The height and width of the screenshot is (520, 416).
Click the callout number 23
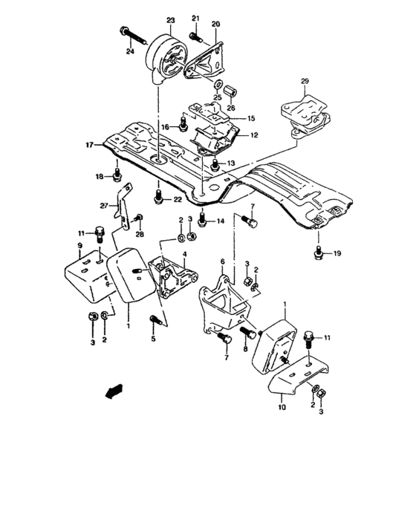click(170, 21)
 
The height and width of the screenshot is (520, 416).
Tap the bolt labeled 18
click(117, 175)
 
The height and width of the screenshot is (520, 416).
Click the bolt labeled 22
click(157, 198)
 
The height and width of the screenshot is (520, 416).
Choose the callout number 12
click(253, 136)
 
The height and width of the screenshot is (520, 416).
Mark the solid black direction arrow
click(113, 391)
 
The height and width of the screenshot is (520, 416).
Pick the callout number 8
click(245, 348)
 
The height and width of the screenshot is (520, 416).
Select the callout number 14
click(221, 222)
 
